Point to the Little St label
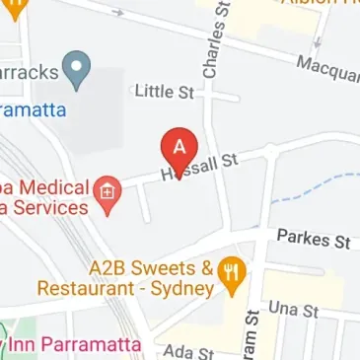point(163,92)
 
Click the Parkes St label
point(314,239)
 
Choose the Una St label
point(295,310)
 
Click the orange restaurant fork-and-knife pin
point(233,277)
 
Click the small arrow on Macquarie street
point(318,42)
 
